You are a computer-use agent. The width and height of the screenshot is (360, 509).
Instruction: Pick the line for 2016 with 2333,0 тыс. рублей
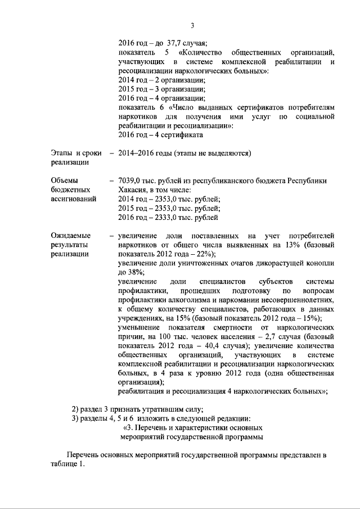tap(168, 217)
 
